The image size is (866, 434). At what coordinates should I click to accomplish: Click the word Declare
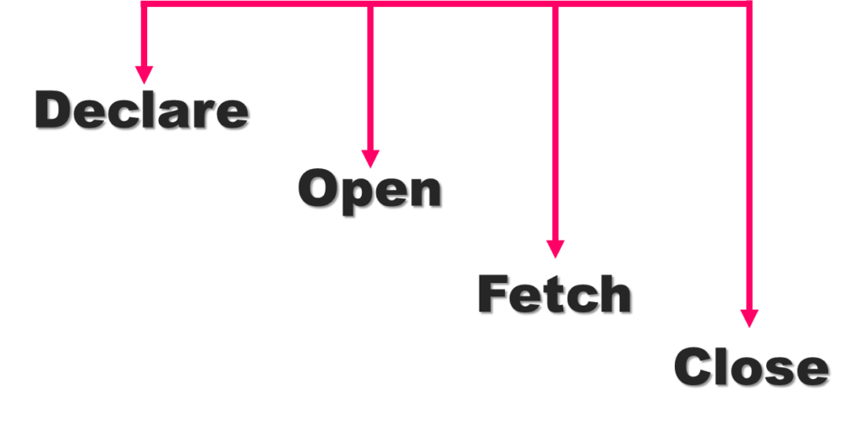click(x=141, y=111)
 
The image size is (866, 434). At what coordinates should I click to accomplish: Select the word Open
click(x=369, y=189)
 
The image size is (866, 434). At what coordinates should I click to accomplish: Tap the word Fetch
click(x=554, y=294)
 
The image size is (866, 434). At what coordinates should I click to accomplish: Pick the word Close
click(x=750, y=367)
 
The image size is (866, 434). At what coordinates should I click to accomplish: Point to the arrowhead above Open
click(x=370, y=159)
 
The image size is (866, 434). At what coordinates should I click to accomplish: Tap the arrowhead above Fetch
click(x=555, y=248)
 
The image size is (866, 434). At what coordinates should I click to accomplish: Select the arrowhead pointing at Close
click(x=749, y=317)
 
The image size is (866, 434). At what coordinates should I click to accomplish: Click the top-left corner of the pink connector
click(x=144, y=3)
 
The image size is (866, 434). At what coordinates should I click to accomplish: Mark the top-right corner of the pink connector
click(x=748, y=3)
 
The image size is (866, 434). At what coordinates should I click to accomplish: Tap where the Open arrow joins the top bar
click(x=370, y=3)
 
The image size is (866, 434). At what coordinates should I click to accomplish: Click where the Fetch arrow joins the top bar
click(x=555, y=3)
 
